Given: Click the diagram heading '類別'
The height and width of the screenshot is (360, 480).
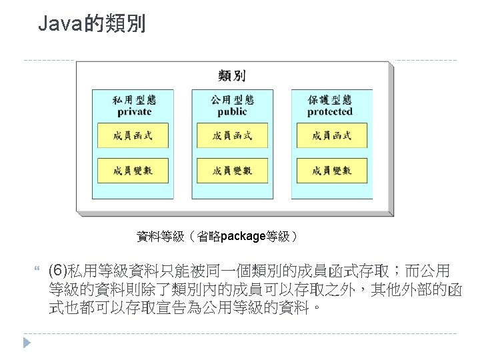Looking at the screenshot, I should coord(231,77).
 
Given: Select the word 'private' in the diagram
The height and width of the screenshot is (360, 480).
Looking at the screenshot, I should coord(135,112).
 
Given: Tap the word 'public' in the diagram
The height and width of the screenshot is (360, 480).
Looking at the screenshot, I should coord(232,112).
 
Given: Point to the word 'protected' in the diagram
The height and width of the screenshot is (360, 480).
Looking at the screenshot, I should coord(330,112).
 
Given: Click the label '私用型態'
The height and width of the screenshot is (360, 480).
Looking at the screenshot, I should coord(134,100).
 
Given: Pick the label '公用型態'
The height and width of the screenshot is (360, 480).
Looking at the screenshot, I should coord(232,100).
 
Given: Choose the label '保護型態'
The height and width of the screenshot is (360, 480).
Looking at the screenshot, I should coord(330,100).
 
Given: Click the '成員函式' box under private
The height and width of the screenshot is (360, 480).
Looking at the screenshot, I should coord(133,136).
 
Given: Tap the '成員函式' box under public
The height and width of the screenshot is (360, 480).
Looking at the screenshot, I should coord(232,136).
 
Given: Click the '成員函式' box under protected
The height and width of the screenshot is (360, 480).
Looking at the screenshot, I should coord(331,136).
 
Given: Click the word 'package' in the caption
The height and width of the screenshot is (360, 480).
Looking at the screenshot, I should coord(243,236).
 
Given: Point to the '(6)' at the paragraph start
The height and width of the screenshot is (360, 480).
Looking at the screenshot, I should coord(59,271).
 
